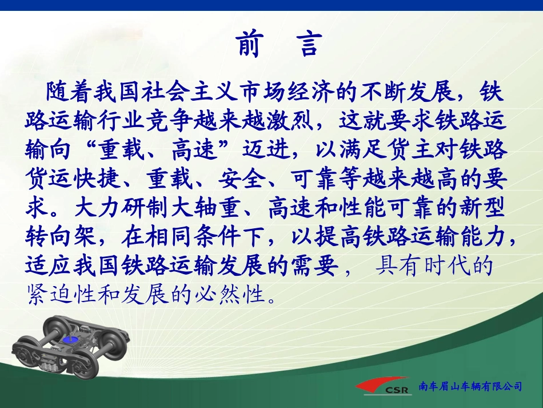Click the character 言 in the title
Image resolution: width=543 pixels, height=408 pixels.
pyautogui.click(x=310, y=45)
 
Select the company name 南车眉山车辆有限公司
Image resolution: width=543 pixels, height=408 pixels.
pyautogui.click(x=470, y=387)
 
